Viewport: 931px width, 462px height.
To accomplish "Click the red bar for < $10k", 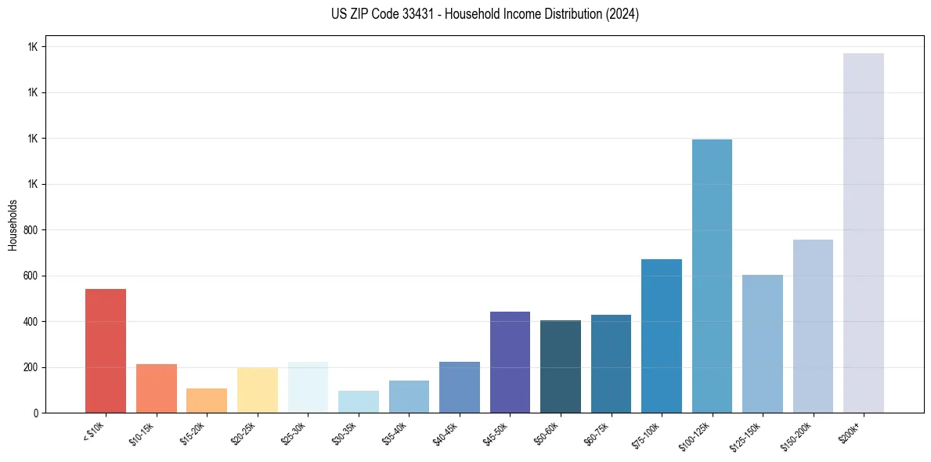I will tap(106, 351).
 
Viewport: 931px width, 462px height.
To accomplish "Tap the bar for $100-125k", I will tap(712, 276).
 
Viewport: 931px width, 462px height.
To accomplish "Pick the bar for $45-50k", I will tap(510, 362).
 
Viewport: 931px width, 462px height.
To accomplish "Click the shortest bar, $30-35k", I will tap(359, 401).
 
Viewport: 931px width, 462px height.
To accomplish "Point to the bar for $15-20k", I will tap(207, 400).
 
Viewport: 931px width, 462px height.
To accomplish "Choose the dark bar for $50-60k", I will tap(561, 366).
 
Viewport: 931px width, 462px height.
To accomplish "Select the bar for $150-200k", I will tap(813, 326).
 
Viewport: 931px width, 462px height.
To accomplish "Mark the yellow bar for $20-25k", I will tap(258, 390).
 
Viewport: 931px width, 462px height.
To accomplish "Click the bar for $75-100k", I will tap(662, 336).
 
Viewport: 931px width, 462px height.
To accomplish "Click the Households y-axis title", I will tap(13, 225).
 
